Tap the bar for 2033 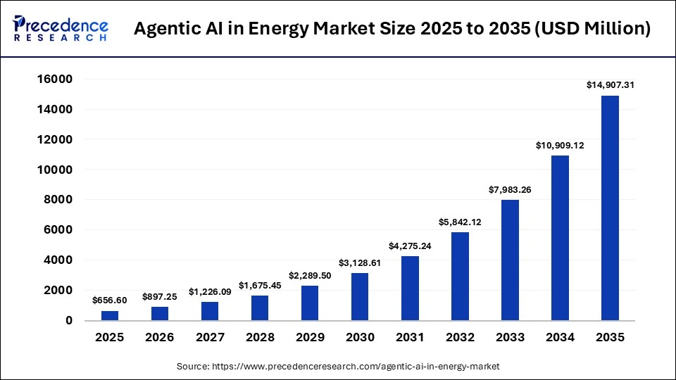pyautogui.click(x=510, y=260)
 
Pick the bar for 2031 pyautogui.click(x=410, y=288)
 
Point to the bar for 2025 pyautogui.click(x=110, y=315)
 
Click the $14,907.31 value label pyautogui.click(x=610, y=85)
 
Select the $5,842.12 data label pyautogui.click(x=460, y=222)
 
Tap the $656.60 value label pyautogui.click(x=110, y=300)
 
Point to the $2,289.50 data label pyautogui.click(x=310, y=275)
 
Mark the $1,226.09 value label pyautogui.click(x=210, y=291)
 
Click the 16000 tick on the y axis pyautogui.click(x=55, y=80)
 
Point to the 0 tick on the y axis pyautogui.click(x=68, y=320)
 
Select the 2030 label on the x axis pyautogui.click(x=360, y=338)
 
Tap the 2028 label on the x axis pyautogui.click(x=260, y=338)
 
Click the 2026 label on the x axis pyautogui.click(x=160, y=338)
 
